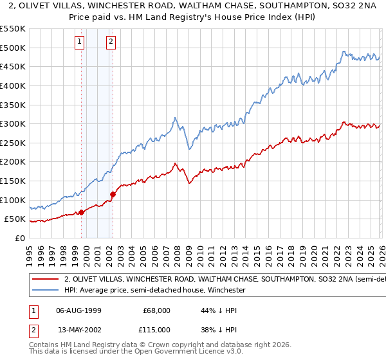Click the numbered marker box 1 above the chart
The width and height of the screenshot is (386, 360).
tap(79, 42)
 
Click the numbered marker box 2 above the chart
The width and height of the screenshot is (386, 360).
tap(111, 42)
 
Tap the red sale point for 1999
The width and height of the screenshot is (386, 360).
tap(82, 212)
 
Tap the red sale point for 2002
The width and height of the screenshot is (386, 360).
tap(113, 194)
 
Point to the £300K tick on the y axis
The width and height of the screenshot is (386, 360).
tap(14, 123)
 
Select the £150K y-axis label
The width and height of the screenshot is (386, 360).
tap(14, 181)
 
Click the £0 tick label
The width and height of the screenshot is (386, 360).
tap(21, 238)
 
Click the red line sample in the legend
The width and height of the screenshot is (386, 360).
tap(45, 279)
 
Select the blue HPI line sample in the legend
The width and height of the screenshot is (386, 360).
tap(45, 291)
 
